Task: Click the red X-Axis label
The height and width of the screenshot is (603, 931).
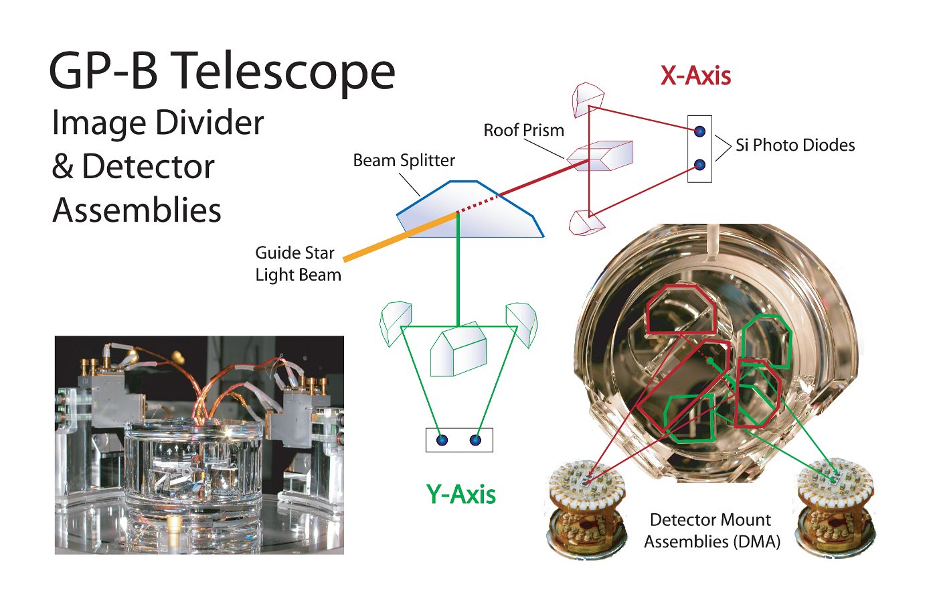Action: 695,76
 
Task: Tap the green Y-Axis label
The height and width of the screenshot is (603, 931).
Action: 461,494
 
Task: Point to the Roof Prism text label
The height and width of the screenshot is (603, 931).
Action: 523,130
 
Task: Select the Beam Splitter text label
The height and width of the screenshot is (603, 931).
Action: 404,161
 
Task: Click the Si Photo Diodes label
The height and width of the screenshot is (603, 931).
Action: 795,145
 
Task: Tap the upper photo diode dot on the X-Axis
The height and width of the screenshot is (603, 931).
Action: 700,131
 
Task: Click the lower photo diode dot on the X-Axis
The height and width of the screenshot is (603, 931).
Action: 700,165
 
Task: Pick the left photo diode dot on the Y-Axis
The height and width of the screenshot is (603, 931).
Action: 442,440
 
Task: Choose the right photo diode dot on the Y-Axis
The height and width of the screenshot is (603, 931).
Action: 475,440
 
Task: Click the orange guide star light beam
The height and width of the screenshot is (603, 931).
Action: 400,237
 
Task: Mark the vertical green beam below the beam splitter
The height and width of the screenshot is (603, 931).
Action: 458,269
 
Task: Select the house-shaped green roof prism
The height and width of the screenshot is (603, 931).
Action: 458,348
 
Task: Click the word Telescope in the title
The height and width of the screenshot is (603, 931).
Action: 287,72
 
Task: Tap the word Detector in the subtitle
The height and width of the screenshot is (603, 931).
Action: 148,166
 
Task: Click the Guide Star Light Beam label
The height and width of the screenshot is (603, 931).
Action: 298,264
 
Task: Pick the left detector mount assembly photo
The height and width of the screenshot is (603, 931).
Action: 586,508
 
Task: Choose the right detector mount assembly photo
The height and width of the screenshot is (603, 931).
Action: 836,508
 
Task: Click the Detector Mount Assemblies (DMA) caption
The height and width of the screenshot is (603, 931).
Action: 712,531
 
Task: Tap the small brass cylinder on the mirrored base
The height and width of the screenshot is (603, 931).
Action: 173,524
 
